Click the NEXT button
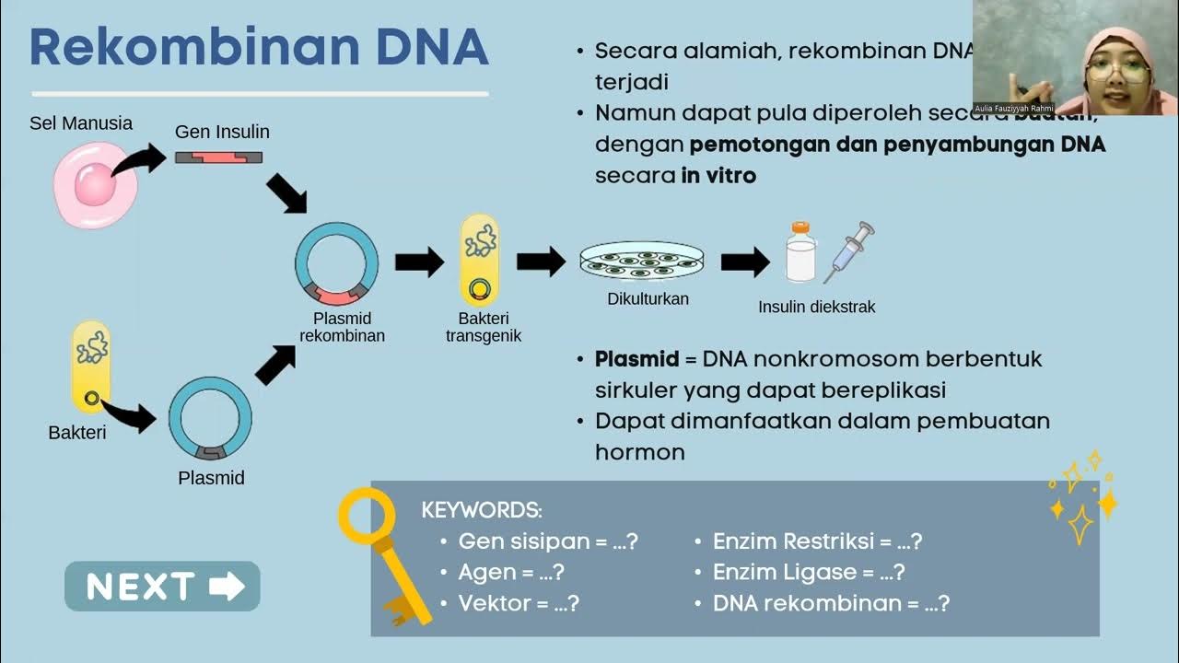pyautogui.click(x=162, y=587)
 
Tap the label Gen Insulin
pyautogui.click(x=222, y=132)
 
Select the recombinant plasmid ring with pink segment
pyautogui.click(x=336, y=263)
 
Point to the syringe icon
pyautogui.click(x=849, y=250)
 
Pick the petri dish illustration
pyautogui.click(x=641, y=262)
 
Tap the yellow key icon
pyautogui.click(x=379, y=552)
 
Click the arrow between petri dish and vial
pyautogui.click(x=744, y=262)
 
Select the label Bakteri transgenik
pyautogui.click(x=484, y=328)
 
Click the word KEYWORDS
pyautogui.click(x=482, y=510)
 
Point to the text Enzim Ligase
pyautogui.click(x=785, y=572)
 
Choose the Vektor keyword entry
pyautogui.click(x=519, y=603)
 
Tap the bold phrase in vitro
pyautogui.click(x=718, y=175)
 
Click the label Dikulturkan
pyautogui.click(x=648, y=299)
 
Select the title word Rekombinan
pyautogui.click(x=175, y=48)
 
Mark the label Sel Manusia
pyautogui.click(x=81, y=122)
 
